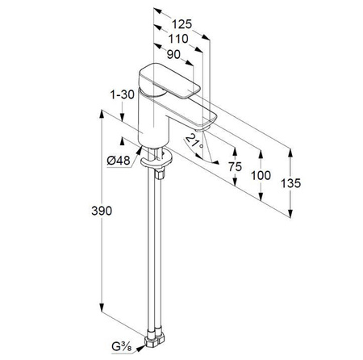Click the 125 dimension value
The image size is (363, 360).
[x=182, y=24]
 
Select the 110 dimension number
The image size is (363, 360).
[x=178, y=39]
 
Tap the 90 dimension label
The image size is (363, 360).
[x=173, y=54]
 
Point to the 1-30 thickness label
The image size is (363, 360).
[x=123, y=94]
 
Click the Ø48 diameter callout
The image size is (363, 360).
[x=119, y=161]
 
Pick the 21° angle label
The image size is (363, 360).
[x=194, y=141]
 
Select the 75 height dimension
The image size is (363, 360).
[x=235, y=166]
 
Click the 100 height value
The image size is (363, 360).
[x=261, y=175]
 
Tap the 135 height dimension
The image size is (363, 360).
[x=290, y=183]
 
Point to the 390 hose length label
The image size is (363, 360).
[x=102, y=211]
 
